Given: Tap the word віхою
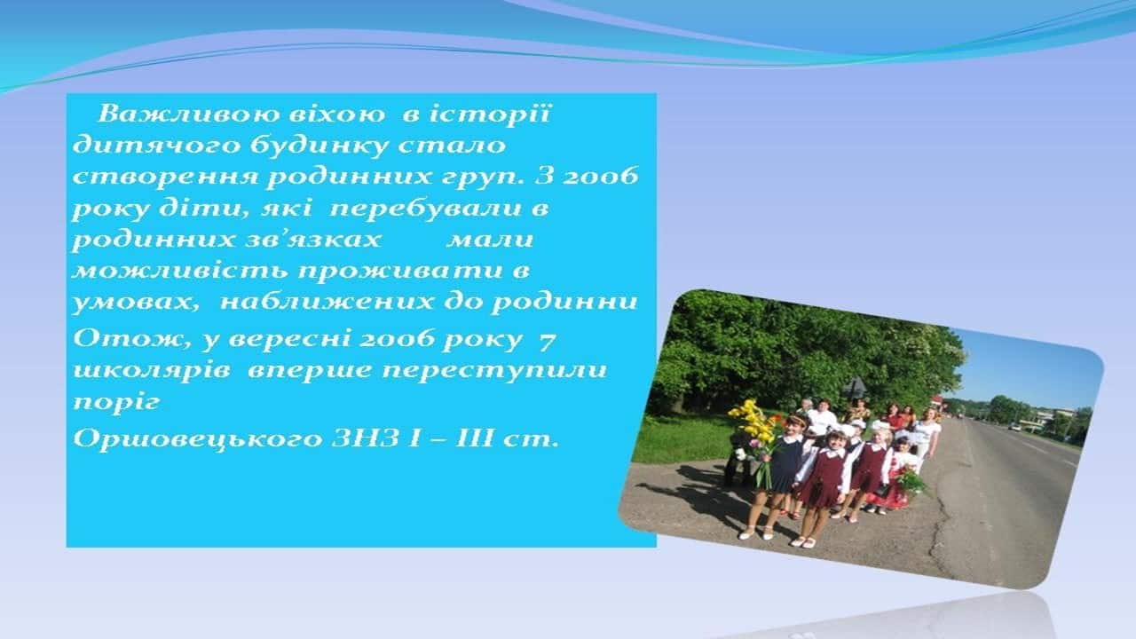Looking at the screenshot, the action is pos(336,114).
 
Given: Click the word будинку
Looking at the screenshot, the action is pos(319,146).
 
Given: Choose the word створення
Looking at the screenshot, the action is pos(164,177).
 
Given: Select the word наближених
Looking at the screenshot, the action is pos(327,303).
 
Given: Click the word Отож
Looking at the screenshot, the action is pos(129,339).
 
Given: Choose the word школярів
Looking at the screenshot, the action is pos(152,371).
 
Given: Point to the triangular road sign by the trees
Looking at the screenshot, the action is pos(856,387).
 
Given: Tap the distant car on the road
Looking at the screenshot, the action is pos(1014,427).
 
